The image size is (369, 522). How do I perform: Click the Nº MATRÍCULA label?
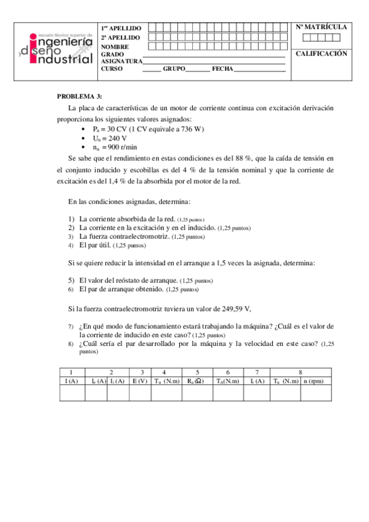point(321,27)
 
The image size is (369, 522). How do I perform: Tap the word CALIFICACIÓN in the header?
point(321,54)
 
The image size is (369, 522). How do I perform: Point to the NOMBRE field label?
point(115,47)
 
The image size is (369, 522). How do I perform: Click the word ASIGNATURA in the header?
point(121,61)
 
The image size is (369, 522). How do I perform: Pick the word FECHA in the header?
point(222,68)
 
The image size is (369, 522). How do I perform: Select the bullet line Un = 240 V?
point(110,139)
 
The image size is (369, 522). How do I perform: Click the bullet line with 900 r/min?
point(114,148)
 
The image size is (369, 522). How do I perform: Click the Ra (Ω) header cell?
point(197,382)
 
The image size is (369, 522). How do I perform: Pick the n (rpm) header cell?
point(314,382)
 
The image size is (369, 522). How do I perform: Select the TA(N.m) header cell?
point(228,382)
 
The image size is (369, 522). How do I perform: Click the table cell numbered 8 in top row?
point(300,372)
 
